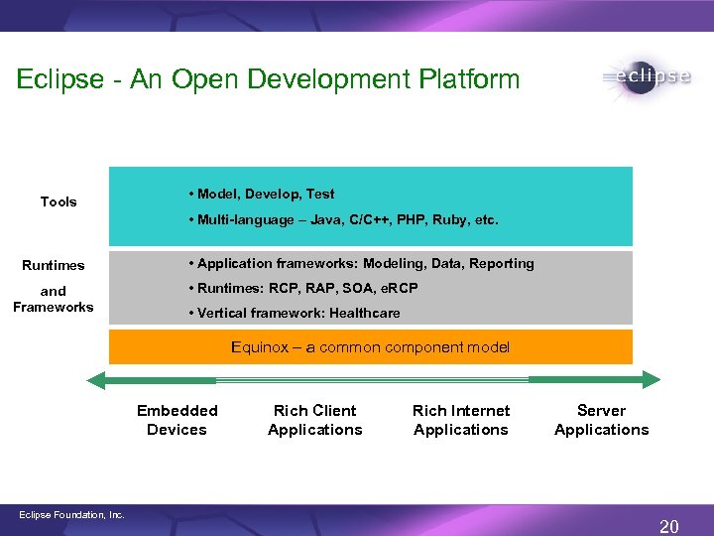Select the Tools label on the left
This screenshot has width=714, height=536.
59,201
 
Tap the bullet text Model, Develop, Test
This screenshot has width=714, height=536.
265,194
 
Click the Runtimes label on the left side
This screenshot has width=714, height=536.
54,265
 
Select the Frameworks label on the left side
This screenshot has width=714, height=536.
54,307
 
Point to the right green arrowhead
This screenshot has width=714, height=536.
649,379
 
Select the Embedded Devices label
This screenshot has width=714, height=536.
177,420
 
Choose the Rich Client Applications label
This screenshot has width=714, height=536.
315,420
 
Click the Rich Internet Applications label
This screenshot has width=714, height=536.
461,420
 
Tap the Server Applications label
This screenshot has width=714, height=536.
601,420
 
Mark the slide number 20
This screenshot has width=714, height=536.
669,526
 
